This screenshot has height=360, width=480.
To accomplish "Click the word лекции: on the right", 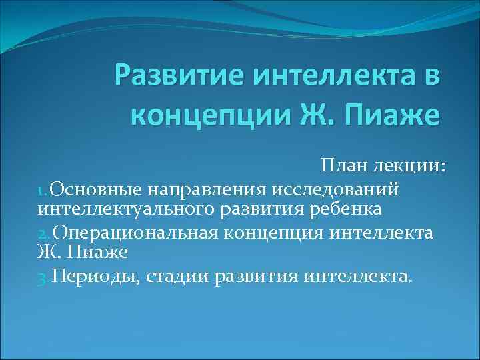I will click(x=409, y=165).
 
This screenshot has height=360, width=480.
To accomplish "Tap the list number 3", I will click(x=42, y=276).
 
